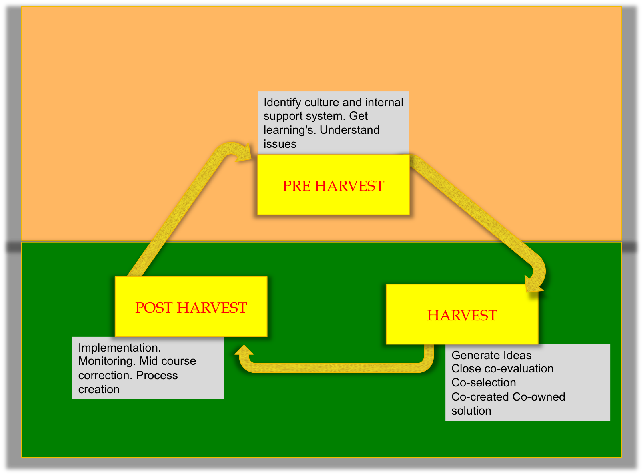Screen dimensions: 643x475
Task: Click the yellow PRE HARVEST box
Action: coord(333,185)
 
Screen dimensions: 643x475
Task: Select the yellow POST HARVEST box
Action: coord(191,307)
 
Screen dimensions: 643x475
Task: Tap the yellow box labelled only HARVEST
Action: coord(462,314)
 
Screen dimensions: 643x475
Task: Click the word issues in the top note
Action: coord(280,144)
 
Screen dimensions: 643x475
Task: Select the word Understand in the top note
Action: coord(349,130)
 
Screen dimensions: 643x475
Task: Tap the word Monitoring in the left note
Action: coord(107,362)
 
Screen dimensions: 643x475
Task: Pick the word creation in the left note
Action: coord(99,389)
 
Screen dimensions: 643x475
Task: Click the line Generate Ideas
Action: coord(491,355)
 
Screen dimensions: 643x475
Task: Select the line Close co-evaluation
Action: coord(502,368)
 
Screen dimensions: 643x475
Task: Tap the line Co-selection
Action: coord(483,382)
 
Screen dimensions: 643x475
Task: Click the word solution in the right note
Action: coord(471,411)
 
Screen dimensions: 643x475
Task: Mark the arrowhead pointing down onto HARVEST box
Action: coord(533,284)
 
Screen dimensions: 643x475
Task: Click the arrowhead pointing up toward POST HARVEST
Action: coord(244,350)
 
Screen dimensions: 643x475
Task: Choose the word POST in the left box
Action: coord(154,308)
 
